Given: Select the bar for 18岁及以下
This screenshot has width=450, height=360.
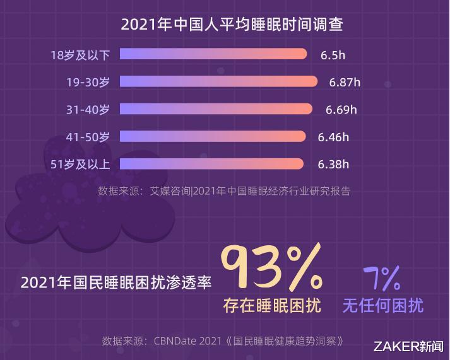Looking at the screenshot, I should click(x=213, y=54).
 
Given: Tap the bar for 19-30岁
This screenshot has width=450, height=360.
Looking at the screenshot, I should click(x=218, y=81).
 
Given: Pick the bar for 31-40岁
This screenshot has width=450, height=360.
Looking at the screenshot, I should click(x=216, y=109).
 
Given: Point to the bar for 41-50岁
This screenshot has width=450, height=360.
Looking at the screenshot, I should click(x=213, y=137).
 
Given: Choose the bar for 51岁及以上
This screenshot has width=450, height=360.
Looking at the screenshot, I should click(x=211, y=165).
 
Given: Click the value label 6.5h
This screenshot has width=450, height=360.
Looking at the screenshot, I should click(x=333, y=55).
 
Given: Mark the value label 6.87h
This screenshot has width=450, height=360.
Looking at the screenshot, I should click(x=345, y=82).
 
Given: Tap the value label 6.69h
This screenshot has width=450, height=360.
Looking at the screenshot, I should click(x=341, y=110).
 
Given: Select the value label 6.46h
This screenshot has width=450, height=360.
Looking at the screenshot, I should click(x=333, y=137).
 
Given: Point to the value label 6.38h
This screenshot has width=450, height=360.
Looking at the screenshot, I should click(x=333, y=165).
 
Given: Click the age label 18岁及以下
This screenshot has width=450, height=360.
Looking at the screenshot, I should click(x=80, y=55).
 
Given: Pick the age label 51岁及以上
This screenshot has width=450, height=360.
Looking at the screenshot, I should click(x=80, y=165).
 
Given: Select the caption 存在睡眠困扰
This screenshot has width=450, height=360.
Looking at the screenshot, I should click(x=272, y=306).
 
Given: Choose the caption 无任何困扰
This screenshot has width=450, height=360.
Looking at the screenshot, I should click(x=382, y=306).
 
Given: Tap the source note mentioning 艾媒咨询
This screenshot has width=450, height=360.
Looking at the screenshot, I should click(x=223, y=190).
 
